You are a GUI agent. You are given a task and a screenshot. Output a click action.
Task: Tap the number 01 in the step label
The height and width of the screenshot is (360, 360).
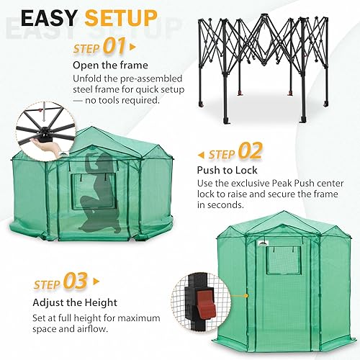pyautogui.click(x=114, y=48)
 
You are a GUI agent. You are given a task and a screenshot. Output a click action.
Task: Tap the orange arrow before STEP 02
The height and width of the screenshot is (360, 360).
pyautogui.click(x=201, y=154)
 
